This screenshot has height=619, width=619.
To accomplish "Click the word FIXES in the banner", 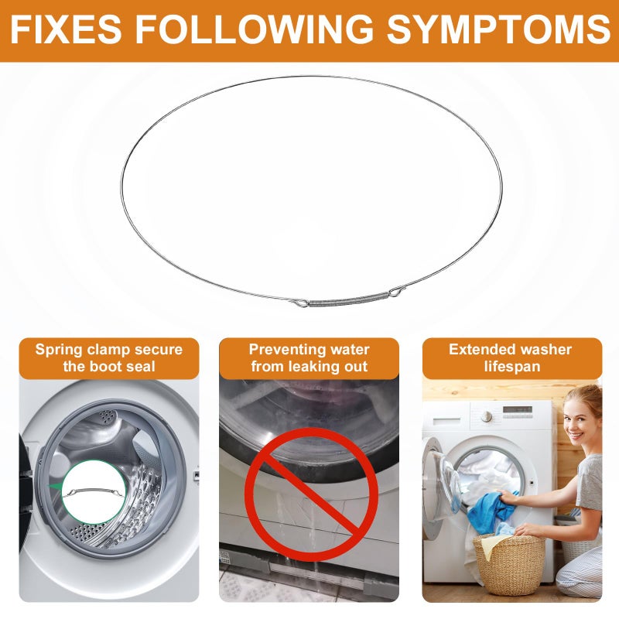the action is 67,29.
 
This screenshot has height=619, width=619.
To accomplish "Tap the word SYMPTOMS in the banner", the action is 498,29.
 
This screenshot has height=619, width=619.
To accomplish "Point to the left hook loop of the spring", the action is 300,303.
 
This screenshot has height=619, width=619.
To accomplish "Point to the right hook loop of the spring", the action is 397,292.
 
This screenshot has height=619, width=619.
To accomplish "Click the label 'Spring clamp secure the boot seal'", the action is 109,358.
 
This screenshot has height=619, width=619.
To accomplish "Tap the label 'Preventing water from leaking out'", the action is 309,358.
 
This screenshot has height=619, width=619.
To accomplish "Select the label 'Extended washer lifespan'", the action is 512,358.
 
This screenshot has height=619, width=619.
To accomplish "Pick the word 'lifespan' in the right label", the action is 512,367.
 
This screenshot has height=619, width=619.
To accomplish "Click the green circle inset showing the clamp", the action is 94,492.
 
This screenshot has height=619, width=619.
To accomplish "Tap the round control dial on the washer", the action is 487,416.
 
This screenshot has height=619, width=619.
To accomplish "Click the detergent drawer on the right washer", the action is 446,421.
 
